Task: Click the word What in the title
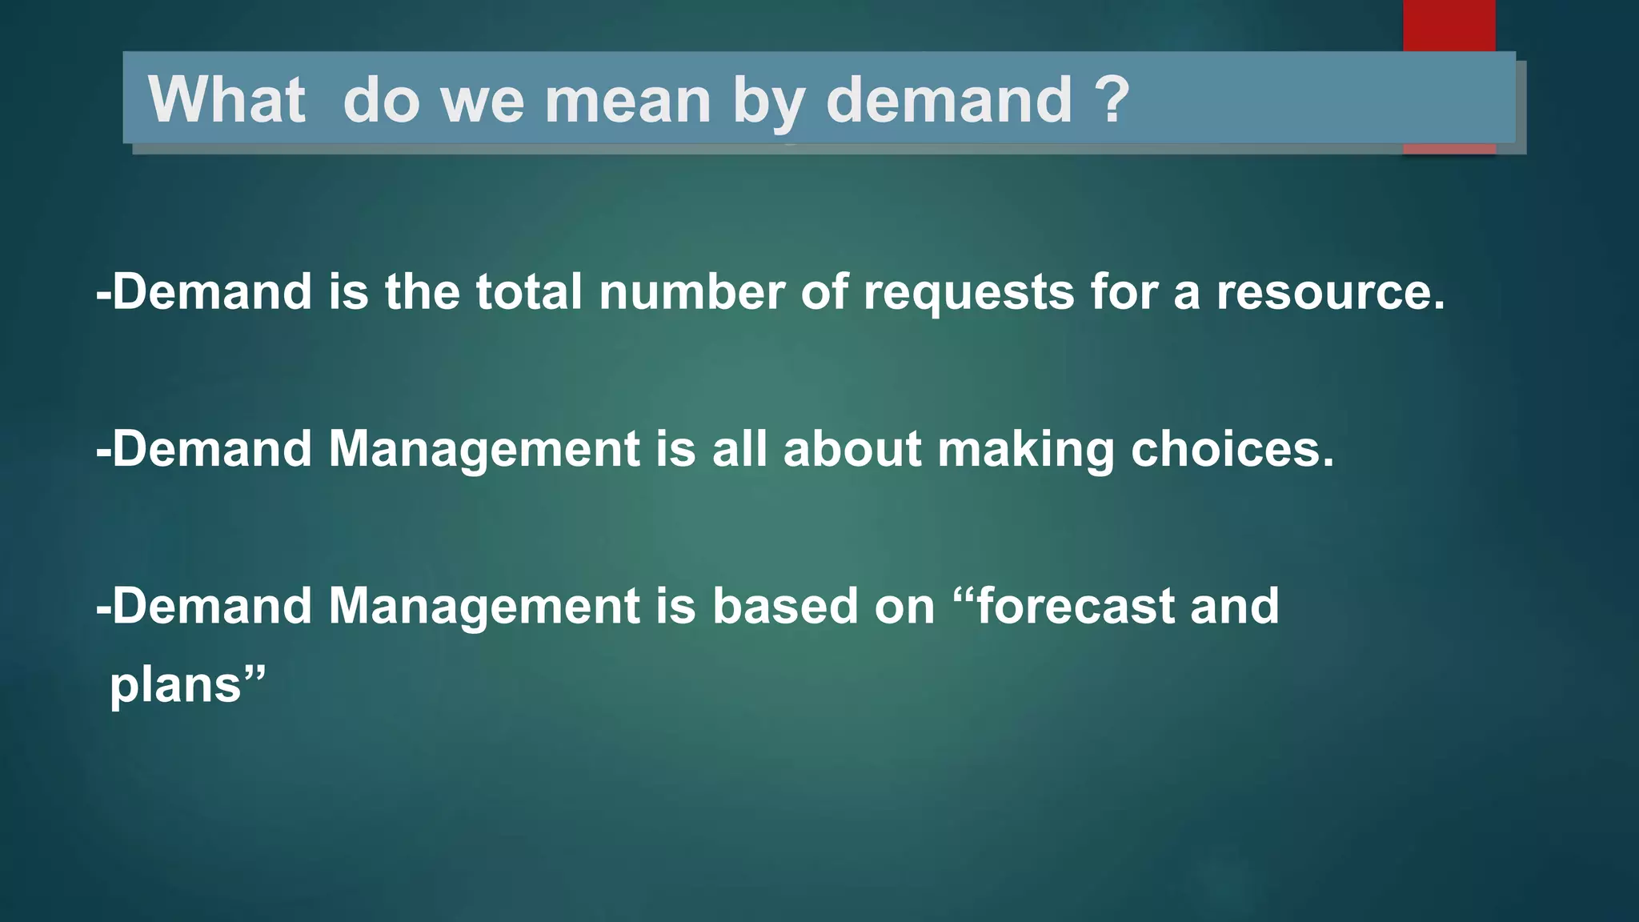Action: [226, 100]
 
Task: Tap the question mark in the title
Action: [1112, 100]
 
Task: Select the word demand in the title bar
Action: [948, 100]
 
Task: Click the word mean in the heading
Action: [627, 100]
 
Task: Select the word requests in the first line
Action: [968, 293]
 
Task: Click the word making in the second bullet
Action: [1026, 450]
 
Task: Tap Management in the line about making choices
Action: [484, 450]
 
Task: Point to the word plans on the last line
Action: [175, 687]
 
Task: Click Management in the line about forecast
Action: [484, 607]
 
